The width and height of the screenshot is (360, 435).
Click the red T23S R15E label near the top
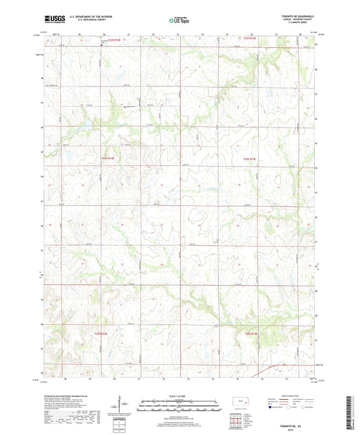249,39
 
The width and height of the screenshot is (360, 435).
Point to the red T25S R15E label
250,332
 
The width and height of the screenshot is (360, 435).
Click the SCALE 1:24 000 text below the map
180,395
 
